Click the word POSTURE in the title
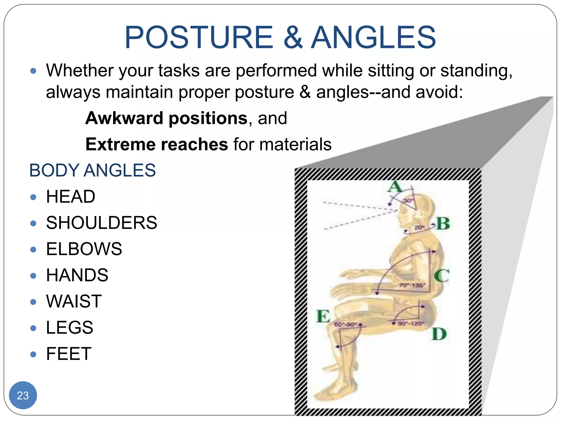coord(199,38)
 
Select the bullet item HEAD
coord(70,197)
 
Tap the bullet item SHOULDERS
coord(101,223)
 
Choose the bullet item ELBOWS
coord(84,249)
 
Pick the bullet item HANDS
coord(77,275)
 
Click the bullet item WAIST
coord(74,301)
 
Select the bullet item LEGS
coord(69,327)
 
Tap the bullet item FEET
coord(68,354)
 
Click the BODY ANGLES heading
coord(92,170)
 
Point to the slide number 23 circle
coord(23,395)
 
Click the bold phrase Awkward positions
coord(166,118)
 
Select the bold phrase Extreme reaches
coord(156,144)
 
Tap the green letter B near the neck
coord(443,224)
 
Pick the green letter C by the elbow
coord(442,275)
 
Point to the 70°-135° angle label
coord(412,285)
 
